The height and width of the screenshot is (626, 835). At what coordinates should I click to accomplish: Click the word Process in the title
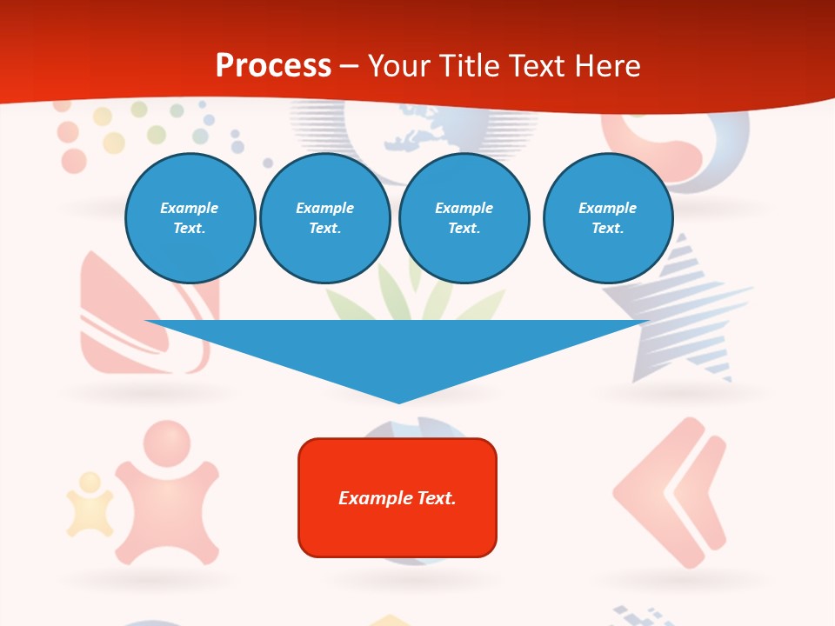click(x=273, y=65)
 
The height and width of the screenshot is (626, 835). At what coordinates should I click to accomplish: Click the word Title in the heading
click(x=470, y=65)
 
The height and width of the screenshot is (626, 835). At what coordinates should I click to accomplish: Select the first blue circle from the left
click(x=190, y=218)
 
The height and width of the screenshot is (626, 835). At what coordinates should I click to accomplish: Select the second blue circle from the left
click(x=324, y=218)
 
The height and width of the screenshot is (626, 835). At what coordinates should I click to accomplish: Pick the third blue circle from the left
click(x=464, y=218)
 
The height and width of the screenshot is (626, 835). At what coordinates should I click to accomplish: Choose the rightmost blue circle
click(x=607, y=218)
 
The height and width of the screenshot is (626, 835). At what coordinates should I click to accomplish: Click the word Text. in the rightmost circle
click(x=607, y=228)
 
